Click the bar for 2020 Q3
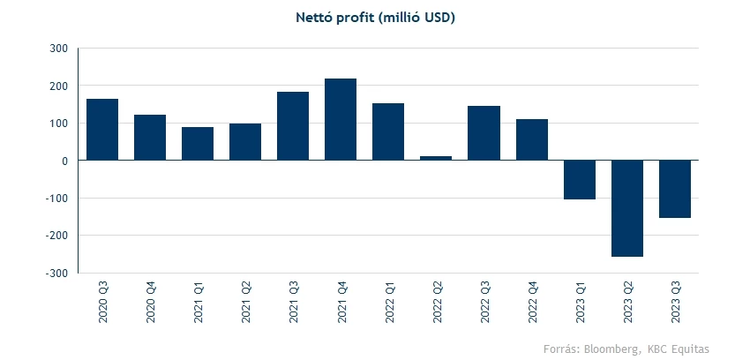tap(102, 130)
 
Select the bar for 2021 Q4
tap(341, 119)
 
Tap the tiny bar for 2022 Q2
tap(436, 158)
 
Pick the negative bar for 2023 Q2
tap(626, 208)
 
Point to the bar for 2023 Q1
tap(579, 180)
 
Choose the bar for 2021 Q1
tap(198, 144)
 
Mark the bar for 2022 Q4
tap(531, 139)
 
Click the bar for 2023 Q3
tap(674, 189)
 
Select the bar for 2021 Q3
tap(293, 126)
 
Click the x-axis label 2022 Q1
tap(389, 302)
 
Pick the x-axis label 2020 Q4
tap(151, 302)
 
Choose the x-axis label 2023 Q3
tap(675, 302)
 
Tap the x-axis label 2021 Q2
tap(246, 302)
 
